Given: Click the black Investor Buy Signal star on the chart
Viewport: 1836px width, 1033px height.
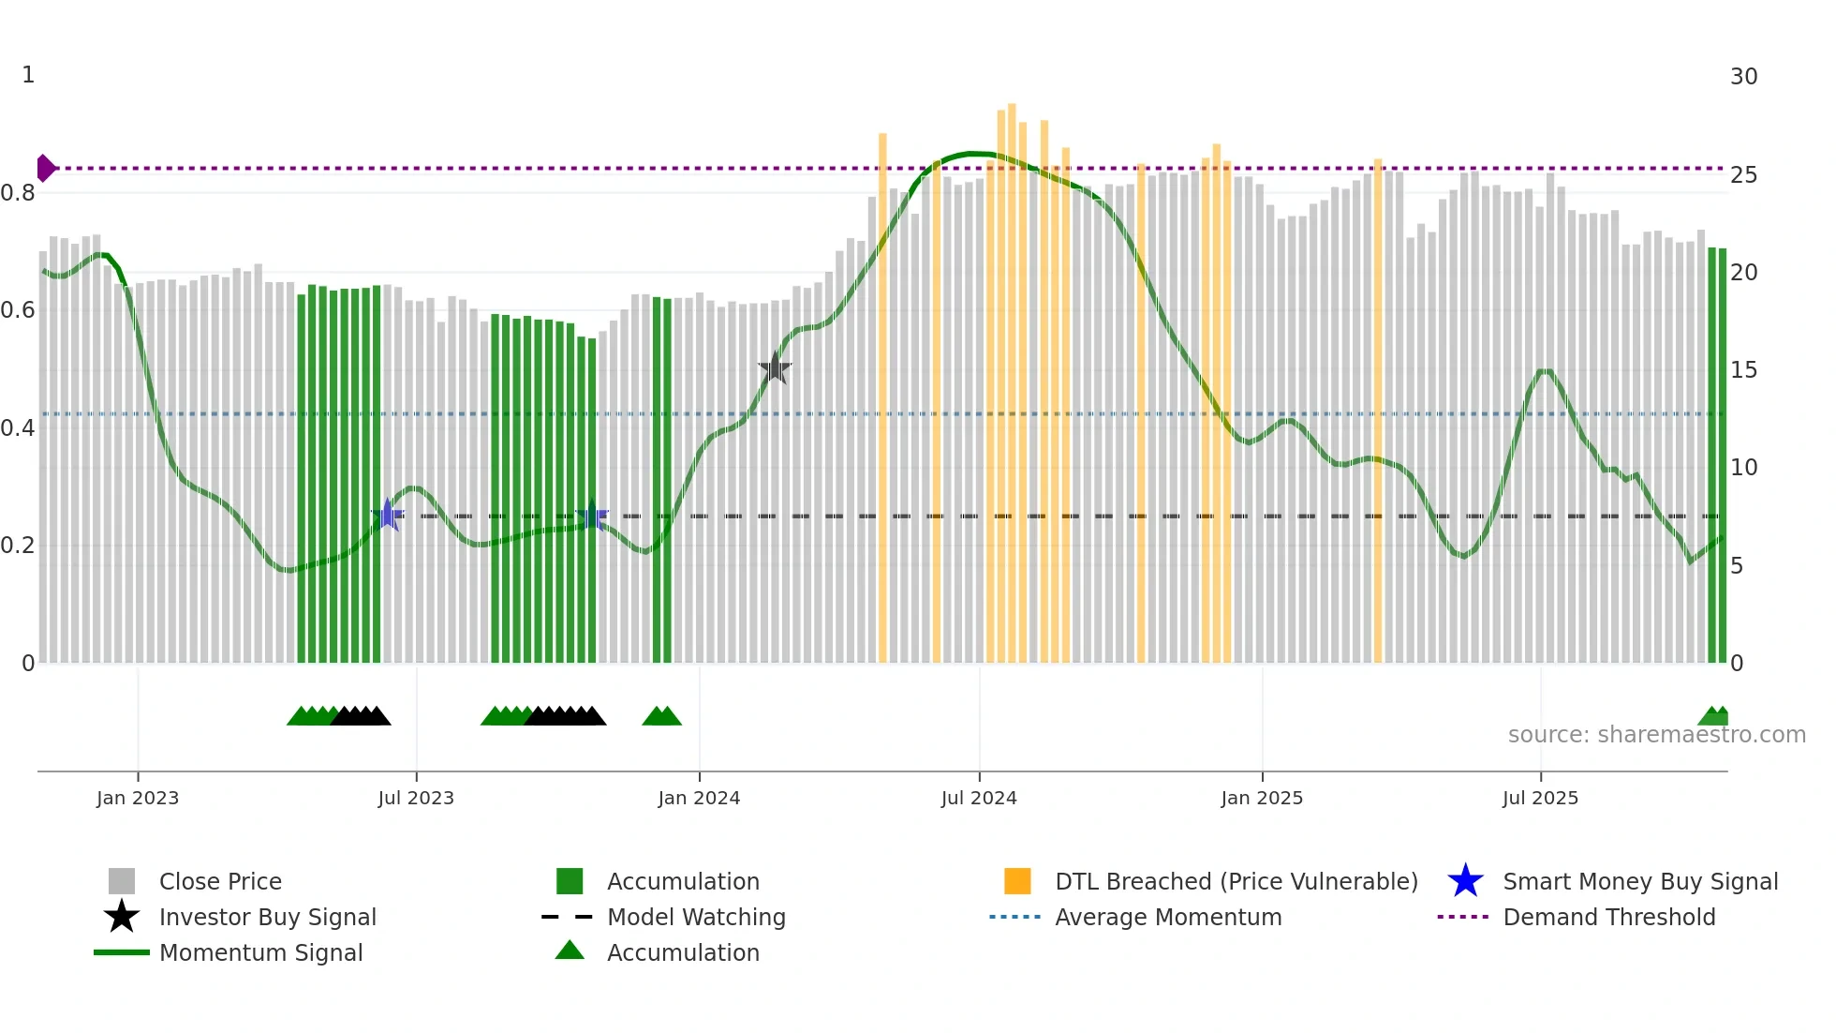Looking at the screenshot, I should tap(775, 368).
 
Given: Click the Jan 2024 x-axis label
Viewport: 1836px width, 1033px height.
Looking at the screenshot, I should tap(699, 798).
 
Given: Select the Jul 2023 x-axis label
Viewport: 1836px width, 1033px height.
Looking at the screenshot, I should tap(416, 798).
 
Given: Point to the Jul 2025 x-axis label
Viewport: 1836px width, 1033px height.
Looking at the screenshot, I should tap(1540, 798).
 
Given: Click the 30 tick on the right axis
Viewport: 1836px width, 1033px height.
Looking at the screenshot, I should tap(1743, 77).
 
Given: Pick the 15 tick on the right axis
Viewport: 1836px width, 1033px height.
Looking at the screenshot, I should tap(1743, 370).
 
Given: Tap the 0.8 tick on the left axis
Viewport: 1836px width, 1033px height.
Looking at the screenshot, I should tap(18, 193).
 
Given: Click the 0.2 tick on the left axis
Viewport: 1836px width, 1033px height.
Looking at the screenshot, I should tap(18, 546).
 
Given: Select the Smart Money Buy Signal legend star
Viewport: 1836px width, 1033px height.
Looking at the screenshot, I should tap(1465, 881).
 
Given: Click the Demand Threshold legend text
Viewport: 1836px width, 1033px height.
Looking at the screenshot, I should tap(1608, 917).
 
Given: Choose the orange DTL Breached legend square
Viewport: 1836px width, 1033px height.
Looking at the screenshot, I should tap(1017, 881).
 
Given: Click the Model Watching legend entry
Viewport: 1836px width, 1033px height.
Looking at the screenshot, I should tap(696, 917).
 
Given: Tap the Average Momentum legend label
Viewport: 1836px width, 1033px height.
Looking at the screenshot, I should tap(1168, 917).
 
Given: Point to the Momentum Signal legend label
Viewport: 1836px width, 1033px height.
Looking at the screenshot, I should tap(260, 952).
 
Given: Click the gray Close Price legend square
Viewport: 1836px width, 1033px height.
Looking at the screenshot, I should tap(122, 881).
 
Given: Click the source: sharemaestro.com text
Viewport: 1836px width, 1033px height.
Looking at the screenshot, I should tap(1656, 734).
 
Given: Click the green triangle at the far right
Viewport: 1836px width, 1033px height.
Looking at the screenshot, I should tap(1713, 717).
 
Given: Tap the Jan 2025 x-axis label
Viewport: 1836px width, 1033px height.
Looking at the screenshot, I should tap(1262, 798).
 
